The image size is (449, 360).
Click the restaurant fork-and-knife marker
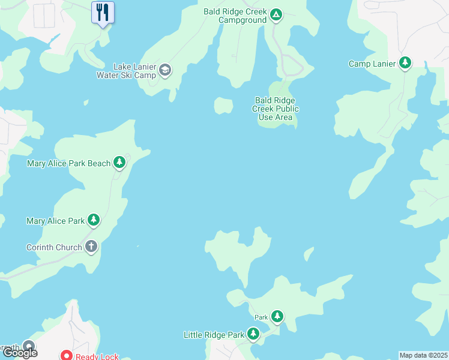(103, 11)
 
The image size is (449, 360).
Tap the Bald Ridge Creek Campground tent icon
(276, 14)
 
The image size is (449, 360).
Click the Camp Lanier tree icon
(405, 63)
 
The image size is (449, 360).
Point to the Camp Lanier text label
(373, 64)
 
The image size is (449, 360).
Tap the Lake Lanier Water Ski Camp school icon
(164, 71)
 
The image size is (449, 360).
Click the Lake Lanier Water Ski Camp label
(127, 71)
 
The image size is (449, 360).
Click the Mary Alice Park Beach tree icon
(119, 162)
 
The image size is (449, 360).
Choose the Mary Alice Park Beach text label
(69, 163)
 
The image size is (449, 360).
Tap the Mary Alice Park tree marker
(93, 220)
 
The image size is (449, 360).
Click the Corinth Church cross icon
(91, 246)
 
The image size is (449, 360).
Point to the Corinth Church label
(54, 247)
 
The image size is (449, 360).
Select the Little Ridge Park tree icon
(253, 334)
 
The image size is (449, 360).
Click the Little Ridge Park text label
(214, 335)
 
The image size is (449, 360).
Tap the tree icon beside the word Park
(277, 316)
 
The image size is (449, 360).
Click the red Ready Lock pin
(67, 356)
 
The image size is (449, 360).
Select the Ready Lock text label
(97, 356)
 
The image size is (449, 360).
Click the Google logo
(20, 352)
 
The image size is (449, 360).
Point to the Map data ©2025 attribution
(423, 355)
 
